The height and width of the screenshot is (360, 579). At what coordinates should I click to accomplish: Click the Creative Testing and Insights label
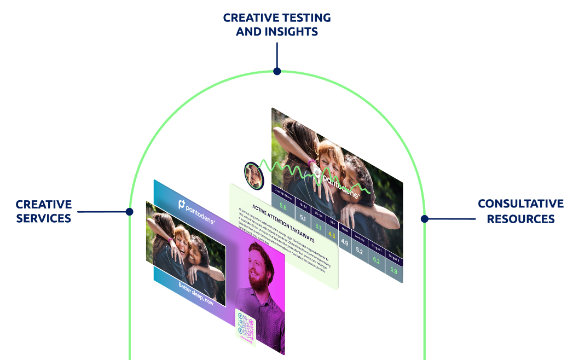pos(277,25)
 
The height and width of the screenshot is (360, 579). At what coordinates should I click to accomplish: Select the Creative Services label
pos(44,211)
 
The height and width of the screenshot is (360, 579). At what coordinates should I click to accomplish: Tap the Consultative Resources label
pos(520,211)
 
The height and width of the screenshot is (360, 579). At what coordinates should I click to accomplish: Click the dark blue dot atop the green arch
pos(277,71)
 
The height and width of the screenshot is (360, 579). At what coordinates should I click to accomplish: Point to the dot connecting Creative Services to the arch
pos(130,211)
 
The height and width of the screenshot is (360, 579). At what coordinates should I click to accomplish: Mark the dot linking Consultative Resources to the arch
pos(424,218)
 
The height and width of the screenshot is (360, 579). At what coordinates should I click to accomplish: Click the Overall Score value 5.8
pos(283,207)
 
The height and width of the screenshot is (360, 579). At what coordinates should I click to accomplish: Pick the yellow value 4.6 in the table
pos(332,235)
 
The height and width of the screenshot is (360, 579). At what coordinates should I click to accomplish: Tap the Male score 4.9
pos(345,242)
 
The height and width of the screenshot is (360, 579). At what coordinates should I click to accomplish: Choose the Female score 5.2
pos(360,251)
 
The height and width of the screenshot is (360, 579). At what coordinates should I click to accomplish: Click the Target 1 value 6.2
pos(376,260)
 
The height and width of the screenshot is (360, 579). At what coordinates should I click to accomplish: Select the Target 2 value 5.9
pos(393,270)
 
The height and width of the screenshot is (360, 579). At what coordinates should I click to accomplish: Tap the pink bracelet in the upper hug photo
pos(311,162)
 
